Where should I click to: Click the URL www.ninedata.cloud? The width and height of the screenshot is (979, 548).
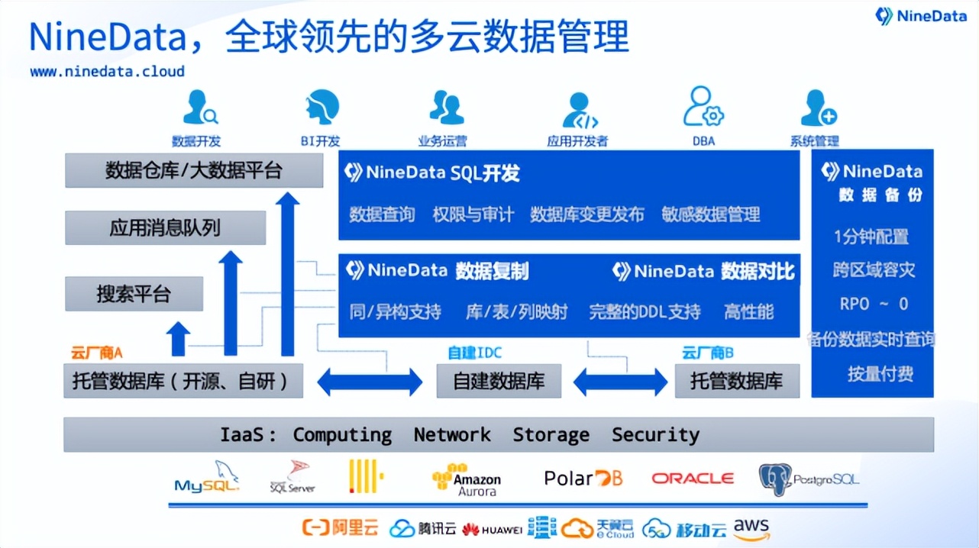click(x=107, y=71)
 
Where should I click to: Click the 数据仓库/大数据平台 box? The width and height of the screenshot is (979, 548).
click(x=194, y=170)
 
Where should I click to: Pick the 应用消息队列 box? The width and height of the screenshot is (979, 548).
click(x=165, y=228)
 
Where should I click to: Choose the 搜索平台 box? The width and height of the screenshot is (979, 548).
click(x=134, y=294)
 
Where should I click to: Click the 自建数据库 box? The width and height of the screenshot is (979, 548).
click(x=499, y=381)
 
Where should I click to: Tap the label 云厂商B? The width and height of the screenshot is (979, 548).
click(x=708, y=353)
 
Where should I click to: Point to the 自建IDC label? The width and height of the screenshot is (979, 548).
click(x=475, y=353)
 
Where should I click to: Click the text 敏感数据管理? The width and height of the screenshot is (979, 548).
click(x=711, y=214)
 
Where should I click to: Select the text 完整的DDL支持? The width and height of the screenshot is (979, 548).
click(x=645, y=311)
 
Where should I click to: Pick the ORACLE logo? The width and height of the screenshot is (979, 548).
click(x=692, y=479)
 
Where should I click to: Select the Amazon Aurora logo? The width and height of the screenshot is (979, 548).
click(x=467, y=480)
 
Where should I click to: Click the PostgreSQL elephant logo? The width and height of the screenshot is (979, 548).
click(x=774, y=479)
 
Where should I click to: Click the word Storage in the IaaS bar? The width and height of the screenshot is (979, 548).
click(x=551, y=435)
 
